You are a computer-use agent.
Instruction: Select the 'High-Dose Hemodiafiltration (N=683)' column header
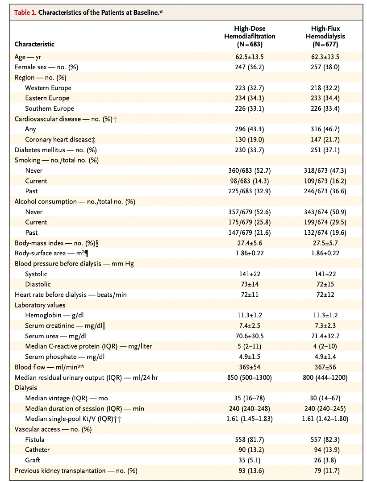pos(249,37)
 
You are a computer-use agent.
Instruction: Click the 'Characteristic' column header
pos(34,45)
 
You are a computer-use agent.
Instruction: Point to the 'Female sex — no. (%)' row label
pos(50,67)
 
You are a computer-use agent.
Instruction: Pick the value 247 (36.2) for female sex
pos(249,67)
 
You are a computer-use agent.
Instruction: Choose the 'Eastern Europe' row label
pos(47,98)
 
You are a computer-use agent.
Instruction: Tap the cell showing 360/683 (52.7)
pos(249,170)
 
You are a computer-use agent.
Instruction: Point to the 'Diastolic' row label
pos(38,284)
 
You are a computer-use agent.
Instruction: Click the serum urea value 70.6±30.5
pos(249,336)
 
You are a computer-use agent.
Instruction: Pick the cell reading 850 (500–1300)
pos(249,378)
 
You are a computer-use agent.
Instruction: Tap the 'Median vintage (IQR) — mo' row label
pos(67,398)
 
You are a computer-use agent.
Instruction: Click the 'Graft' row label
pos(33,460)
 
